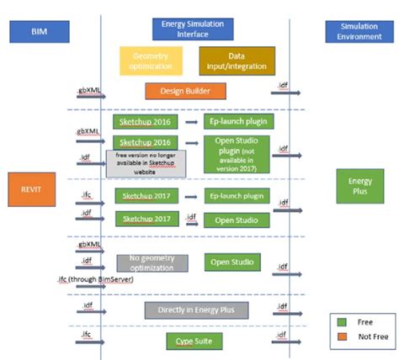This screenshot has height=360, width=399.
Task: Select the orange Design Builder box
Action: [185, 91]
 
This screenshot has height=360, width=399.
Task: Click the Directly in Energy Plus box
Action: [196, 310]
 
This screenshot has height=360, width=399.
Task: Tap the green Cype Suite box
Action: [196, 341]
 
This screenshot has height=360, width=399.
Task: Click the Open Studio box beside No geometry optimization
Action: [237, 262]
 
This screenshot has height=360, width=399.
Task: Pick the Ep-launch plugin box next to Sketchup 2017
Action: [237, 196]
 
